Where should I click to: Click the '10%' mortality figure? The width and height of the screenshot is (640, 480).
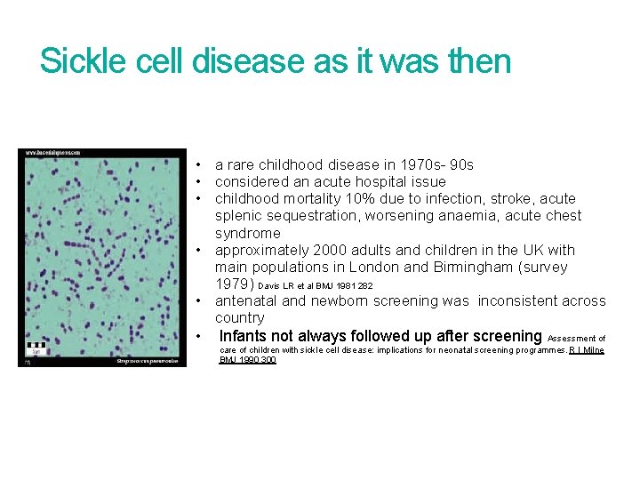[371, 199]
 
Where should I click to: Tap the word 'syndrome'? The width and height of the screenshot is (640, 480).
[247, 233]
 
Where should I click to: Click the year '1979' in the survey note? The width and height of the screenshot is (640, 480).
[234, 284]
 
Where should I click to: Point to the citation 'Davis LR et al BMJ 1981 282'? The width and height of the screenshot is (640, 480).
[316, 286]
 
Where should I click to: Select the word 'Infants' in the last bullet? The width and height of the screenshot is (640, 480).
[245, 336]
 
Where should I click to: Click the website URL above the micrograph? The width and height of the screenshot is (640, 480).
[53, 153]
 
